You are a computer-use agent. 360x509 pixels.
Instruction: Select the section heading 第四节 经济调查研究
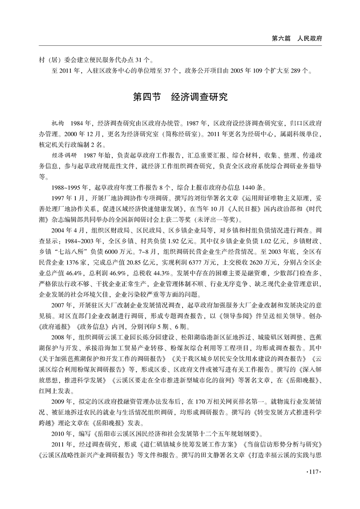[x=180, y=97]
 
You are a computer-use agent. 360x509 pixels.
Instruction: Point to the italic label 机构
[x=59, y=123]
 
